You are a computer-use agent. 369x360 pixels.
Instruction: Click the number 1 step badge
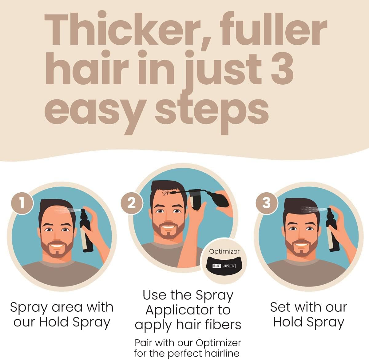pyautogui.click(x=22, y=203)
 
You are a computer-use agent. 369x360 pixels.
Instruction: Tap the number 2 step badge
pyautogui.click(x=131, y=203)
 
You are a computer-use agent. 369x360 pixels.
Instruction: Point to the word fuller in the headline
pyautogui.click(x=271, y=31)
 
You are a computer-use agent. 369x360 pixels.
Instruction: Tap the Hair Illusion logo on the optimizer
pyautogui.click(x=224, y=265)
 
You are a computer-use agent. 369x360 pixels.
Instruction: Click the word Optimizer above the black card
pyautogui.click(x=224, y=251)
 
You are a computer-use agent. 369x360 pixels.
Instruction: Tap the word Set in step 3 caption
pyautogui.click(x=280, y=307)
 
